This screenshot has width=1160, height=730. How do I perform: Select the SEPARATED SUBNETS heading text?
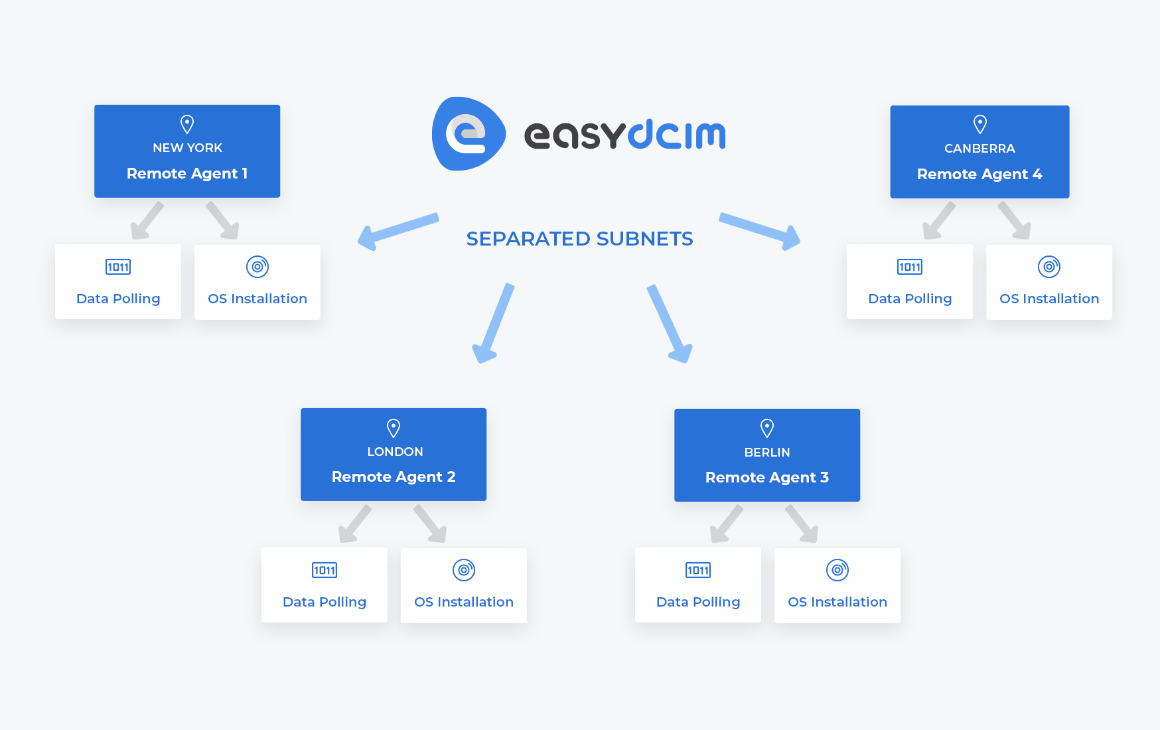point(579,239)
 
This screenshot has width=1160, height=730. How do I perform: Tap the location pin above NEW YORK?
point(187,124)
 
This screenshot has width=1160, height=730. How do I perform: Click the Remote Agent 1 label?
point(187,174)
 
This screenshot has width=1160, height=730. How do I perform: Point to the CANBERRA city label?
point(979,149)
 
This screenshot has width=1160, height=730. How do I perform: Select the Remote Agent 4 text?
point(979,175)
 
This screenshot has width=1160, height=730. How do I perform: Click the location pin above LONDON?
point(394,428)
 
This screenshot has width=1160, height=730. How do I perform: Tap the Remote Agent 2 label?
point(394,477)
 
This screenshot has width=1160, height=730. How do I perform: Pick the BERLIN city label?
point(767,453)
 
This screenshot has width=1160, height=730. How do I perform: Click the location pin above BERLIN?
point(767,428)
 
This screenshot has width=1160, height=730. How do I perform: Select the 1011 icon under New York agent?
point(118,267)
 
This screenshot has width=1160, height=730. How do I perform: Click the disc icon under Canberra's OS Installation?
point(1049,267)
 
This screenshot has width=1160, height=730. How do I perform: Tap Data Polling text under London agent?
point(325,602)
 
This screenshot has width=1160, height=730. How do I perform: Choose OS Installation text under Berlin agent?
point(837,602)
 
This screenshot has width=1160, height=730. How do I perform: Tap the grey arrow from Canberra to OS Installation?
point(1015,220)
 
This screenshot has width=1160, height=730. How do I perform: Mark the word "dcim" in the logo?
point(677,135)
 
